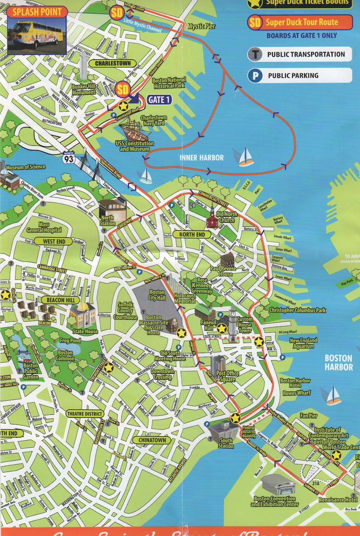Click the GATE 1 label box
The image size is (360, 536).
tap(159, 100)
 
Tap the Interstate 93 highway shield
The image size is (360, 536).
tap(69, 157)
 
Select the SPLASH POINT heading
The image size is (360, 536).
tap(37, 12)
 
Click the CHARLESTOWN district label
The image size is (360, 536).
tap(113, 63)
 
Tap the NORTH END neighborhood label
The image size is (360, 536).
tap(192, 234)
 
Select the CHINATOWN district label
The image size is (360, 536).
tap(152, 440)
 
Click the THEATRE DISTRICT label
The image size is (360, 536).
tap(84, 414)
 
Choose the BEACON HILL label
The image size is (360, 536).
tap(61, 300)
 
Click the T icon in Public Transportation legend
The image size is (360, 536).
tap(255, 54)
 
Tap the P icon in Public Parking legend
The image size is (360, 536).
tap(255, 75)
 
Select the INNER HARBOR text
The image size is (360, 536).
tap(201, 158)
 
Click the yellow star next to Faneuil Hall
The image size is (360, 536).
tap(222, 329)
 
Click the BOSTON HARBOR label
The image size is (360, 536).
tap(339, 362)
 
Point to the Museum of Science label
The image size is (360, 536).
tap(25, 167)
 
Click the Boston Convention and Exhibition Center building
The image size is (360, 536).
tap(278, 484)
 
